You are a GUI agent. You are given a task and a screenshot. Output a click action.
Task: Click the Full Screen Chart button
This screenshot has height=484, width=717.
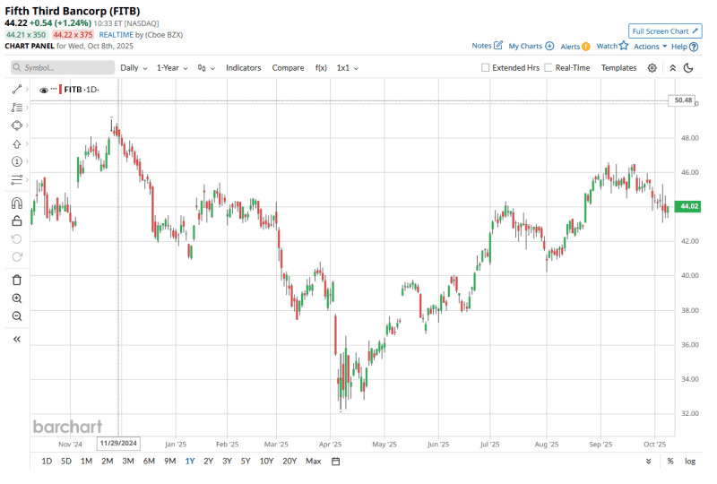coord(665,30)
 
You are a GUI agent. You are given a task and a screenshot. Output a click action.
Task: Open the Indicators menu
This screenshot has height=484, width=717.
coord(243,67)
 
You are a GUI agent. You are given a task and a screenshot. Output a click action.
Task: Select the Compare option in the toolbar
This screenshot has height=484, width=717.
coord(288,67)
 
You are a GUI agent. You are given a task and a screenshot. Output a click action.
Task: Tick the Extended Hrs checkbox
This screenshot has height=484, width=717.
coord(486,67)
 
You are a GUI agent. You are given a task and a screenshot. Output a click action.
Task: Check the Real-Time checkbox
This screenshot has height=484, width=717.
coord(549,67)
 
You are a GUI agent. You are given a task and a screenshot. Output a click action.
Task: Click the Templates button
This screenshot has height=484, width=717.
coord(618,67)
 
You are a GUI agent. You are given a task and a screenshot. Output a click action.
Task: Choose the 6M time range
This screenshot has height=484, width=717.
coord(149,461)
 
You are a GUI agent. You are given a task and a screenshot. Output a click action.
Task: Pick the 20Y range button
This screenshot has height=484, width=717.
coord(289,461)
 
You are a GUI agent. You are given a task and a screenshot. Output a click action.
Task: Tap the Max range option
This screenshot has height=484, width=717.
coord(313,461)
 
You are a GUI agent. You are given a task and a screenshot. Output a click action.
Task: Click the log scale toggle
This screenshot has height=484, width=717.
coord(690,461)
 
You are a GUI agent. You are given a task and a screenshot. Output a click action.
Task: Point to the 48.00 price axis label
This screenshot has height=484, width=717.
coord(689,138)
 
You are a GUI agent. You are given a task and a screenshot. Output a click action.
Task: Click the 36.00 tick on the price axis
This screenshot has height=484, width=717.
coord(689,344)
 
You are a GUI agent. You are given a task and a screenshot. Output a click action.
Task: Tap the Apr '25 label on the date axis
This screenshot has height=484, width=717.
coord(331,444)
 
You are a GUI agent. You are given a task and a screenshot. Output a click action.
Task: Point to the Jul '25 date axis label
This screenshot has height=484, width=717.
coord(489,444)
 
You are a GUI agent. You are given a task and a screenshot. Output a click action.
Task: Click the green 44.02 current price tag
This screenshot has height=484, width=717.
coord(688,206)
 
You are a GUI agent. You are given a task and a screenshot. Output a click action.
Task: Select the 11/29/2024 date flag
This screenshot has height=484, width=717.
coord(119,443)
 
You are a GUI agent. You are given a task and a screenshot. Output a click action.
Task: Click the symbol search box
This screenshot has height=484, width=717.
coord(63,67)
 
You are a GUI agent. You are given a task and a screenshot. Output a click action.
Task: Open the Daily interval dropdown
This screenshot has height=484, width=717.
coord(134,67)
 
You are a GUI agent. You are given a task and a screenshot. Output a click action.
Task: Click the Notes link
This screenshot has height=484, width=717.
coord(487,46)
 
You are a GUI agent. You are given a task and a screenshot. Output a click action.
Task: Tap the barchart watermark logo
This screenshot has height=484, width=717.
coord(67,427)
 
